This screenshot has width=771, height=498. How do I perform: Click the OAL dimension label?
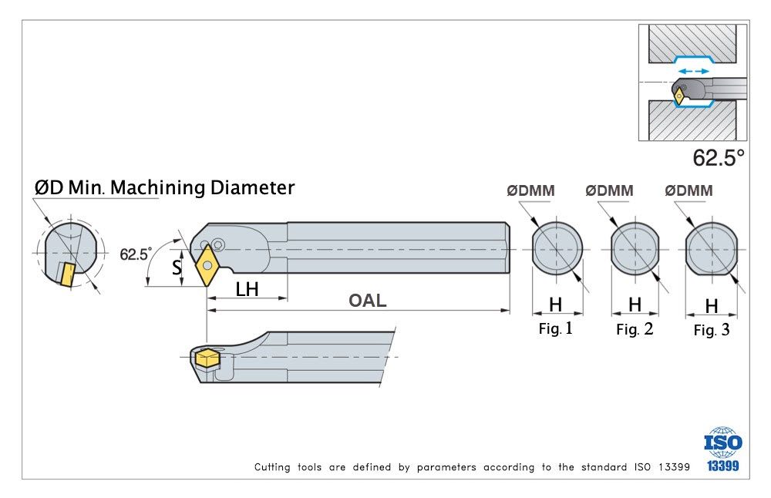click(x=367, y=301)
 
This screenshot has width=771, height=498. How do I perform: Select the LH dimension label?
click(x=247, y=290)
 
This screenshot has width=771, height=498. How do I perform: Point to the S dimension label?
click(x=177, y=268)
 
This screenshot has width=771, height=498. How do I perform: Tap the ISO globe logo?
click(x=723, y=442)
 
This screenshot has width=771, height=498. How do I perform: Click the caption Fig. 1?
click(x=556, y=328)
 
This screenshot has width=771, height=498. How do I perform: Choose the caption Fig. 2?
click(x=635, y=329)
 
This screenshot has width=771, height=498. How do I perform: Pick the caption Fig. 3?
click(x=712, y=330)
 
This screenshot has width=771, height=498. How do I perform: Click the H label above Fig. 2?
click(x=635, y=305)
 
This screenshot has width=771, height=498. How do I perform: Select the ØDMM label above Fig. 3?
click(x=689, y=190)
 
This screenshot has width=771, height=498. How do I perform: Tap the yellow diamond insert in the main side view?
click(x=207, y=265)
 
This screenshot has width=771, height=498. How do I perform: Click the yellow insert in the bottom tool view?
click(x=207, y=358)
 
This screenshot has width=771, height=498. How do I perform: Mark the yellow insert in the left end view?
click(x=66, y=274)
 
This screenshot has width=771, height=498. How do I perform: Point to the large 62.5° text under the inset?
click(x=719, y=158)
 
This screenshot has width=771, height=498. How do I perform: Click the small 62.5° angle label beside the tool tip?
click(x=136, y=254)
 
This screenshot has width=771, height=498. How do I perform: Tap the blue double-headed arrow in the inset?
click(x=693, y=71)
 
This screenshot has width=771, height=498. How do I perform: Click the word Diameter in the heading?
click(x=252, y=188)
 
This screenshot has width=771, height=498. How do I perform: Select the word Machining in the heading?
click(x=157, y=188)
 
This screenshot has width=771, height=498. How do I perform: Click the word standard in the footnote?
click(x=604, y=467)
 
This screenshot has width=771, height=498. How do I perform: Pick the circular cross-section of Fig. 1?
click(x=557, y=248)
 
